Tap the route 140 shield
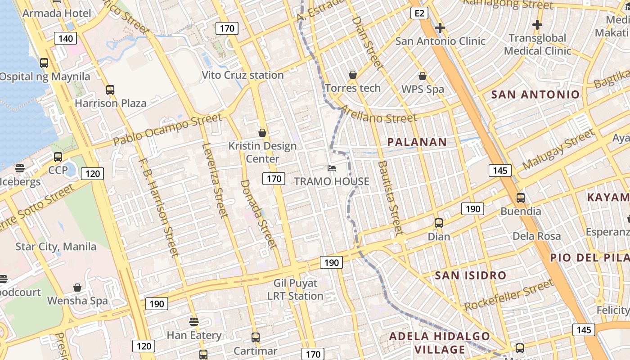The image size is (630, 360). tap(65, 38)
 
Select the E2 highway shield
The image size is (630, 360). tap(419, 13)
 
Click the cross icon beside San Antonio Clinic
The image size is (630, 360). tap(440, 28)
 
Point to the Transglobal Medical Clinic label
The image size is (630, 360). tap(537, 44)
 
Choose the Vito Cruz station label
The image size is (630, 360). tap(243, 75)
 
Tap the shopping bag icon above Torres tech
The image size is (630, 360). tap(353, 74)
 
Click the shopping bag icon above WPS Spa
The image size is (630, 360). tap(422, 76)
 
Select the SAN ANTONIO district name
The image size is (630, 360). tap(535, 94)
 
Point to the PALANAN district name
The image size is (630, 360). tap(417, 142)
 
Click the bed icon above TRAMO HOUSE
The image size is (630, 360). tap(331, 168)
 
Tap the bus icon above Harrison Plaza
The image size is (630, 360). tap(110, 90)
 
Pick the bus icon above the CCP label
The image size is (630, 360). tap(58, 157)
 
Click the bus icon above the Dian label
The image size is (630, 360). tap(438, 223)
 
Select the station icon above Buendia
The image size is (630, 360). tap(521, 198)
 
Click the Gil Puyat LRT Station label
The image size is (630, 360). tap(295, 289)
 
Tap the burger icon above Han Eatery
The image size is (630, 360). tap(194, 322)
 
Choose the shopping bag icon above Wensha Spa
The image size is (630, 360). tap(77, 287)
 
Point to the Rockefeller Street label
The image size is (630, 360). tap(508, 295)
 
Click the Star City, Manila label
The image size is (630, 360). tap(56, 247)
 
